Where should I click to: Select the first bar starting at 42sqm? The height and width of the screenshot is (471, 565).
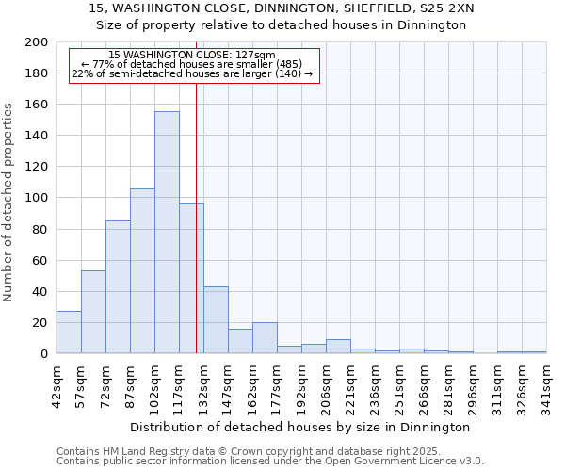coord(69,333)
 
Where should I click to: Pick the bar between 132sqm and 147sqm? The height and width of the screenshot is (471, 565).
coord(216,320)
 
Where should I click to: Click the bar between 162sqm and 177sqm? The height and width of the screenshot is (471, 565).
coord(265,338)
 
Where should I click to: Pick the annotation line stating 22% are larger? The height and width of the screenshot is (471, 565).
coord(193,74)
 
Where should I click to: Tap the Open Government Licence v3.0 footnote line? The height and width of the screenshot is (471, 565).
coord(270,461)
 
